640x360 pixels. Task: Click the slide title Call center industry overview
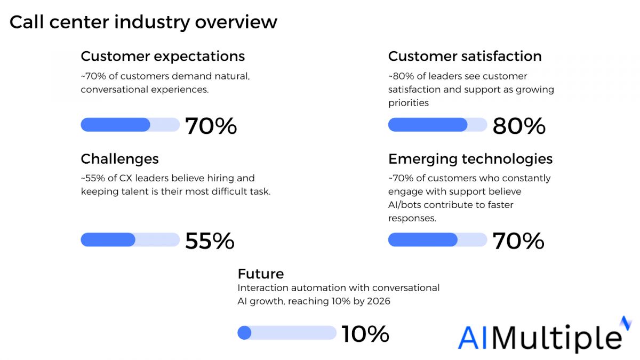(x=143, y=22)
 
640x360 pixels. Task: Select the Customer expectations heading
(x=163, y=56)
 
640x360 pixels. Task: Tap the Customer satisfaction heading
(x=465, y=56)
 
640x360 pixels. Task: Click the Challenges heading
(x=119, y=159)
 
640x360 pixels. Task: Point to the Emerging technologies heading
(x=470, y=159)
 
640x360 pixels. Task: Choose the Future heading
(x=260, y=274)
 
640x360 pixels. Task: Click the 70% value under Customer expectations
(x=211, y=126)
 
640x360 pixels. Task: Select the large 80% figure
(x=518, y=126)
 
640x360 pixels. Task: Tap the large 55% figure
(x=210, y=242)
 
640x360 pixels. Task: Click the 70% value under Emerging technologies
(x=518, y=242)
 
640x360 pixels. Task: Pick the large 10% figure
(x=365, y=334)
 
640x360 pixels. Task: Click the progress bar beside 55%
(x=130, y=240)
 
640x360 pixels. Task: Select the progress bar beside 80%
(x=437, y=125)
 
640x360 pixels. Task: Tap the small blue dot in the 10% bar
(x=244, y=333)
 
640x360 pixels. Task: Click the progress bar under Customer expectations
(x=130, y=125)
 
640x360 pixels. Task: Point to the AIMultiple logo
(x=541, y=335)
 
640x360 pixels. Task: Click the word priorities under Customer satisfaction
(x=409, y=103)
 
